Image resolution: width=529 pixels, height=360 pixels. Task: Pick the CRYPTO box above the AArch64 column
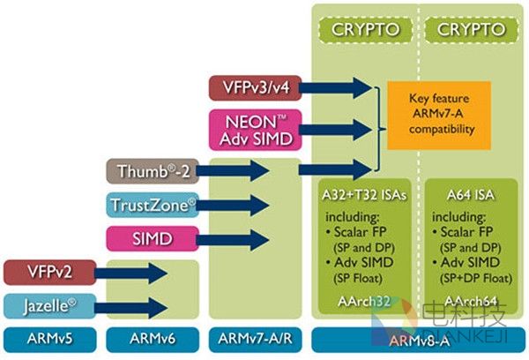click(468, 29)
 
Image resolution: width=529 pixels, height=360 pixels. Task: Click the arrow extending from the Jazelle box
click(132, 305)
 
